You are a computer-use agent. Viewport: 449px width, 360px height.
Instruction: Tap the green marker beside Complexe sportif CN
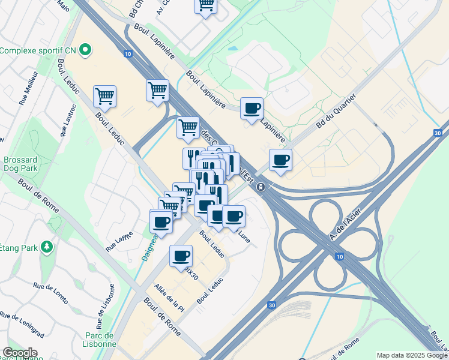[x=85, y=50]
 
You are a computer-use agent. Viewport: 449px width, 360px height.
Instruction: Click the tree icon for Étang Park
[x=46, y=247]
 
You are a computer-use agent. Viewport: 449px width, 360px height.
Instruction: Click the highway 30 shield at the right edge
[x=438, y=133]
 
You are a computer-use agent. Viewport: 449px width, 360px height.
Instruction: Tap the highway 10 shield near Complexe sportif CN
[x=128, y=53]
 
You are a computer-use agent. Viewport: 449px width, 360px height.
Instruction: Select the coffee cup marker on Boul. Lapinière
[x=252, y=109]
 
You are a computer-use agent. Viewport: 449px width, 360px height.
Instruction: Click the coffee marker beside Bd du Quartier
[x=280, y=160]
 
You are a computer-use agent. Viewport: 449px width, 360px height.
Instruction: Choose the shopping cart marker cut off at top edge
[x=205, y=5]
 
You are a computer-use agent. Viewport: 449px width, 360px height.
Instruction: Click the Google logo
[x=20, y=353]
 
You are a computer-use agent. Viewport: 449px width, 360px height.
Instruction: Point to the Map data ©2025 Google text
[x=411, y=355]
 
